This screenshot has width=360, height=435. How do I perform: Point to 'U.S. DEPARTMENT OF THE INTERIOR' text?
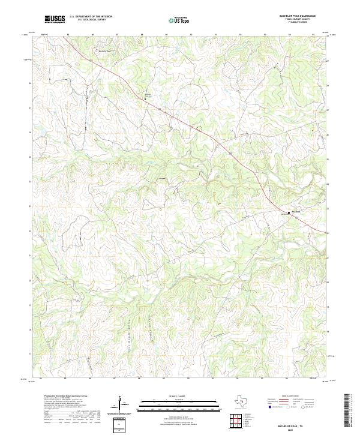pos(91,17)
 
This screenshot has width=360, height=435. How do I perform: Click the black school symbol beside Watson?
pos(288,212)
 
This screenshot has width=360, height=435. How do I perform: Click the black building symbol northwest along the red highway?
pos(145,100)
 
